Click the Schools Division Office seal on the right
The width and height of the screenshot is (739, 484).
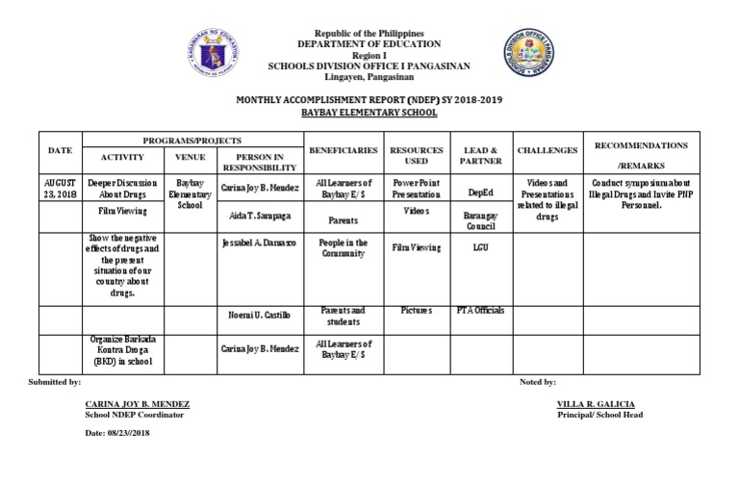tap(530, 55)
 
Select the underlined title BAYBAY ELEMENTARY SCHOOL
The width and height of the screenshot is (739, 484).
tap(369, 113)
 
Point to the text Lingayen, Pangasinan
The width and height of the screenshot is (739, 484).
tap(369, 77)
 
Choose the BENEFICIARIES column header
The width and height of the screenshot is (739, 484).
tap(343, 151)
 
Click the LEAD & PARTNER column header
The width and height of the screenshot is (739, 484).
tap(480, 157)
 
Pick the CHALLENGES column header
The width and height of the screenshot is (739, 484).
tap(548, 151)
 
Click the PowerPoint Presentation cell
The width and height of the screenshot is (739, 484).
tap(416, 188)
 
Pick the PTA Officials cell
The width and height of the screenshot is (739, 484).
tap(480, 310)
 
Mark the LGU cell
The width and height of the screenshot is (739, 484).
tap(480, 246)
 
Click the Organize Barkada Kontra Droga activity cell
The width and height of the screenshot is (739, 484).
tap(122, 352)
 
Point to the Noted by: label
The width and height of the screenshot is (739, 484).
tap(537, 383)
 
